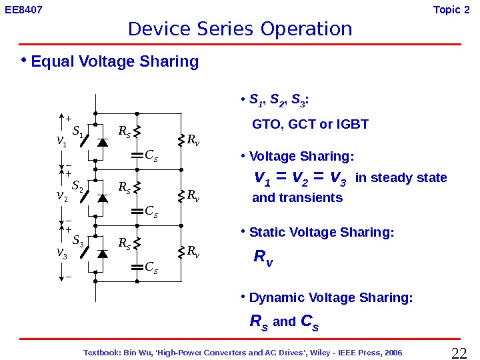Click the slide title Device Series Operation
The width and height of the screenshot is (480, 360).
click(239, 29)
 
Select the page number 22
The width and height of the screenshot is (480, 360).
click(459, 353)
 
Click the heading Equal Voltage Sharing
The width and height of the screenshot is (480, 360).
click(115, 62)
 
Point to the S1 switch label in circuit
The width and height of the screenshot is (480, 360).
click(77, 132)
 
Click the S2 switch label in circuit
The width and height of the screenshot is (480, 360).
click(77, 185)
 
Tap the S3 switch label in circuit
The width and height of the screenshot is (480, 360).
click(77, 241)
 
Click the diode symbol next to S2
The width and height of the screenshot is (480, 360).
click(103, 198)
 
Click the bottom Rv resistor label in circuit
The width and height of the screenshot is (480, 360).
click(193, 251)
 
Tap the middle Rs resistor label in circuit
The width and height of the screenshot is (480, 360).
click(125, 188)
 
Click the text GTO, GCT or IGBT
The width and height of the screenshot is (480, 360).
click(310, 125)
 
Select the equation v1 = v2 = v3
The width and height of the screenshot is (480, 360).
click(301, 178)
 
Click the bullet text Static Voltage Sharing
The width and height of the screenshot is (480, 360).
click(321, 233)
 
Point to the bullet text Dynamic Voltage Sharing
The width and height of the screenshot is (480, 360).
click(331, 298)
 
